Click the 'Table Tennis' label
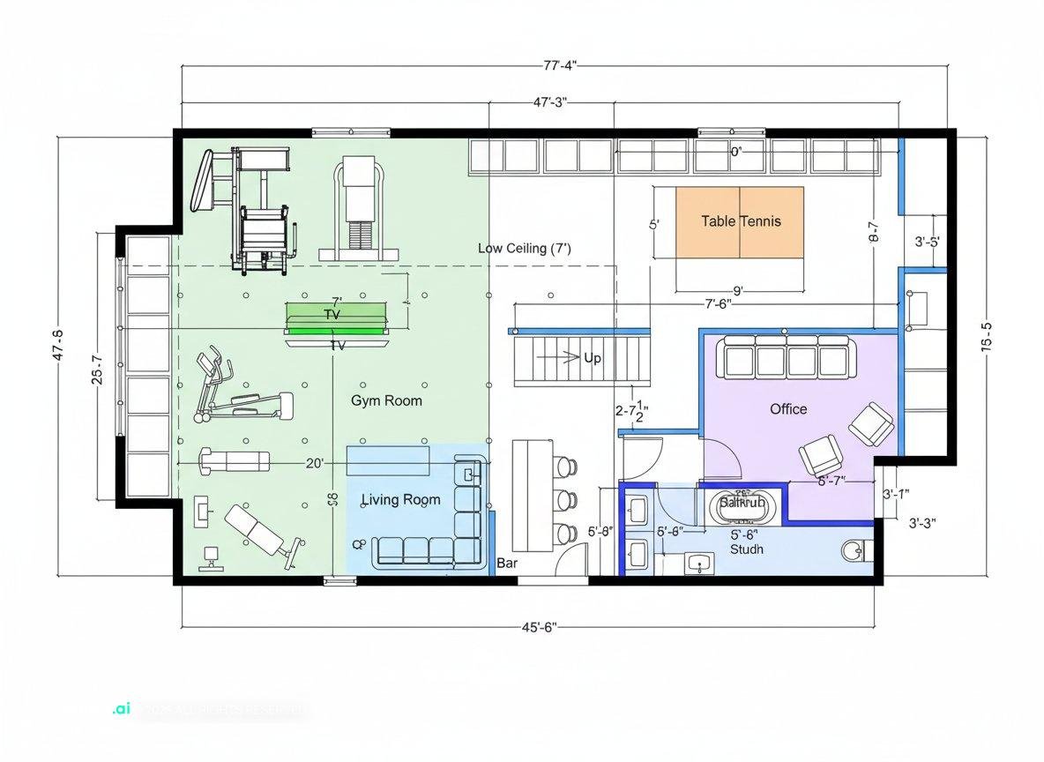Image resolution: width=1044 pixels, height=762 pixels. click(x=741, y=221)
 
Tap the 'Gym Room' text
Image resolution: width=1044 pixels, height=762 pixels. click(x=386, y=400)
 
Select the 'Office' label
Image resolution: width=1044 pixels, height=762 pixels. click(x=787, y=409)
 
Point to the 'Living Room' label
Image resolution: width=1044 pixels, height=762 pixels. click(x=400, y=500)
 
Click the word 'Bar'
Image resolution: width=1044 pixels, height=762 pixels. click(x=507, y=563)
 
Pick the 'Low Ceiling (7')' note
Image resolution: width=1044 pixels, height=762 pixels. click(x=524, y=249)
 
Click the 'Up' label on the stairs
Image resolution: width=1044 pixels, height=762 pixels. click(x=593, y=358)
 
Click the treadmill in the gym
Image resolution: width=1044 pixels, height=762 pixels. click(x=358, y=207)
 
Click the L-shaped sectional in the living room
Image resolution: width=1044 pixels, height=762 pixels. click(x=441, y=529)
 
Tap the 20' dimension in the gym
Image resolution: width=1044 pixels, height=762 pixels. click(x=315, y=462)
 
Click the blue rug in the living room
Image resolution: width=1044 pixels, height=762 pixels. click(x=388, y=459)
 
